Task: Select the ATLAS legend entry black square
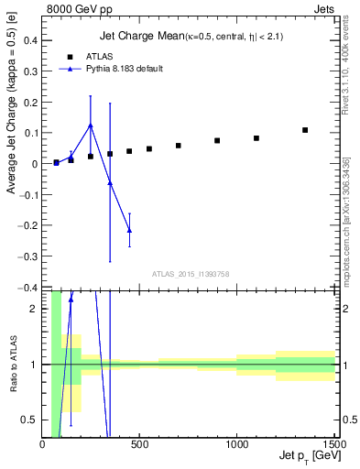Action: (x=70, y=56)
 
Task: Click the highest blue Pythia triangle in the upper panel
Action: (x=91, y=125)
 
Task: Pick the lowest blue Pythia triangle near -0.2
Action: (x=129, y=230)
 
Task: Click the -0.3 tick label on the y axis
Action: (x=27, y=256)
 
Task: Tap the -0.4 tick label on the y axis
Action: (x=27, y=288)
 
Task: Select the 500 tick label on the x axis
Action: (x=139, y=445)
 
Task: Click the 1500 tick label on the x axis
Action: (x=333, y=445)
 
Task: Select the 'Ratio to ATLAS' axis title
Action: (x=11, y=365)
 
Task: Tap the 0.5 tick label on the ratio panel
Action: (x=29, y=420)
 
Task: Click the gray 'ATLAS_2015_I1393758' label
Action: (x=191, y=274)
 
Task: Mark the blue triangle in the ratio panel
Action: (x=71, y=299)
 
